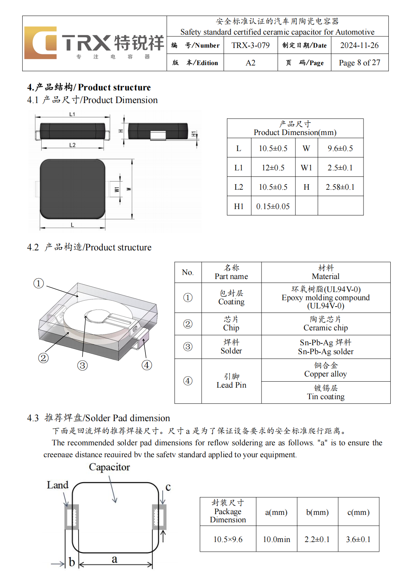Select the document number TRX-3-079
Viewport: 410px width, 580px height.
[x=250, y=45]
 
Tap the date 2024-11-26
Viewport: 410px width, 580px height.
[x=359, y=45]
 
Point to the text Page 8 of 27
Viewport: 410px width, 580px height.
[x=359, y=63]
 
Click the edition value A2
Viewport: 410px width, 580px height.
[x=250, y=63]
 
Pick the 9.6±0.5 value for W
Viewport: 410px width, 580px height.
[x=340, y=148]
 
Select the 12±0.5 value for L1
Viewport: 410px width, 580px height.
[x=273, y=168]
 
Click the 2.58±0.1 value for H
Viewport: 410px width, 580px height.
[x=340, y=187]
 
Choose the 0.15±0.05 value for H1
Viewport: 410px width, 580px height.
[x=273, y=206]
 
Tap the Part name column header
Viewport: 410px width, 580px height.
[x=231, y=272]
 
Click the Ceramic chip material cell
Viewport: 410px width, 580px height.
[x=326, y=324]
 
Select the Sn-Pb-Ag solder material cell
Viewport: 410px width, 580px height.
[x=326, y=347]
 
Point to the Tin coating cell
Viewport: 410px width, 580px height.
[x=326, y=392]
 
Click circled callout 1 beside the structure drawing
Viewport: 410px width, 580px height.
[x=39, y=283]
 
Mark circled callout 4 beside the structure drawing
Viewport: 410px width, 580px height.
[x=147, y=365]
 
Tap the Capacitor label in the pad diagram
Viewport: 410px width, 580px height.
[x=109, y=467]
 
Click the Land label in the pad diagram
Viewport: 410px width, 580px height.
[x=58, y=485]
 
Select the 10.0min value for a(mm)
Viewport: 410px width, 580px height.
[x=276, y=539]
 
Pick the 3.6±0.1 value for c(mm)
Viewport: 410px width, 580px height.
[x=358, y=539]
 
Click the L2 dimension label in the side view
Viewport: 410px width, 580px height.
[x=72, y=145]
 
